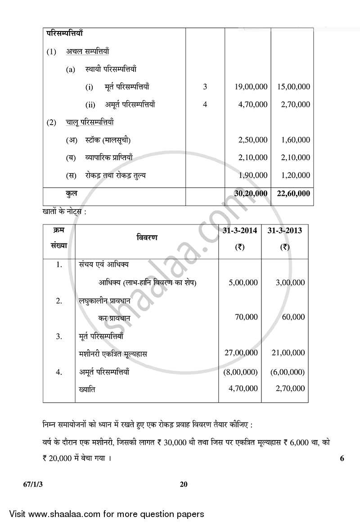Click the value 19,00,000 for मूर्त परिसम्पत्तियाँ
tap(251, 87)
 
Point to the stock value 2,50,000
tap(253, 140)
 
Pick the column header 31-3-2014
tap(240, 230)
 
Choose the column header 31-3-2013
tap(284, 230)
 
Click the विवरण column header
tap(147, 237)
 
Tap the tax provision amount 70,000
tap(246, 317)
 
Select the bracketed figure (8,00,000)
tap(240, 372)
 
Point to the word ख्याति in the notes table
tap(87, 389)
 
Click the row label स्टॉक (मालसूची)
tap(108, 140)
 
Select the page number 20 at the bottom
tap(183, 485)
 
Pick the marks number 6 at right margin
tap(342, 459)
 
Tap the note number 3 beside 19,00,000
tap(205, 87)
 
